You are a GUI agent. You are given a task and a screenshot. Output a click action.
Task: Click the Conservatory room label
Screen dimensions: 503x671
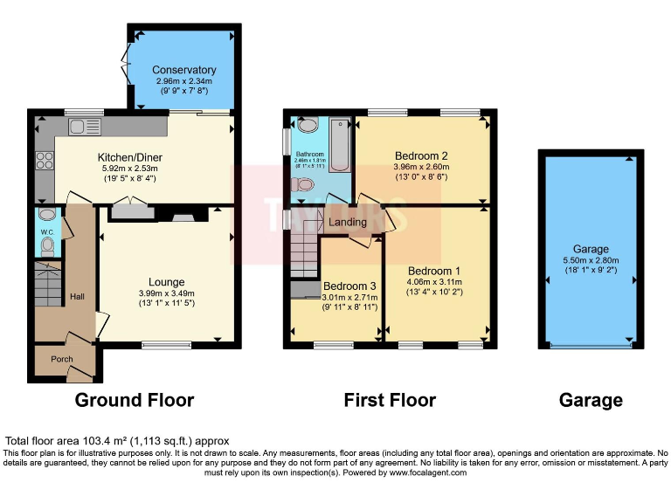(183, 70)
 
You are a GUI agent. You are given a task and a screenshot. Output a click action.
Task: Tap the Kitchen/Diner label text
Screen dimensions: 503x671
(130, 158)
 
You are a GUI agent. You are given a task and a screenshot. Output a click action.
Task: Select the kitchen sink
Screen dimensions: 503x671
(86, 127)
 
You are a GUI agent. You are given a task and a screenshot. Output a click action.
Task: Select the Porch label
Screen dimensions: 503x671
(60, 359)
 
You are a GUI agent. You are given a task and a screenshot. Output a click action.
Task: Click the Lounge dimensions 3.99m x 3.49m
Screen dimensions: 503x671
(166, 293)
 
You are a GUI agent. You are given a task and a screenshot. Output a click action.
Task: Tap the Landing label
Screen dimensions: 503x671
(348, 223)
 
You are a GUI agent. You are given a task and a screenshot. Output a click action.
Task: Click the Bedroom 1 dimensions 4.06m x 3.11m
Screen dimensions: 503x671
(434, 282)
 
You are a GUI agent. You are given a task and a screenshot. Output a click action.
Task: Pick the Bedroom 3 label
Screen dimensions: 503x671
(349, 286)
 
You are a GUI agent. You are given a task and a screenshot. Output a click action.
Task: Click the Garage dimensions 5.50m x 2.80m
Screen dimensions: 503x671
(591, 260)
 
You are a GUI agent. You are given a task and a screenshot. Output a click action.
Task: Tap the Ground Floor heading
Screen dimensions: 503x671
(134, 401)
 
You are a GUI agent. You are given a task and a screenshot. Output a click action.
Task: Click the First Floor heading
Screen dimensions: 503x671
(390, 401)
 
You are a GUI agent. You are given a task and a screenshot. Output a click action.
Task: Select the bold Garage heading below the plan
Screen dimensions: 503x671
(591, 401)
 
